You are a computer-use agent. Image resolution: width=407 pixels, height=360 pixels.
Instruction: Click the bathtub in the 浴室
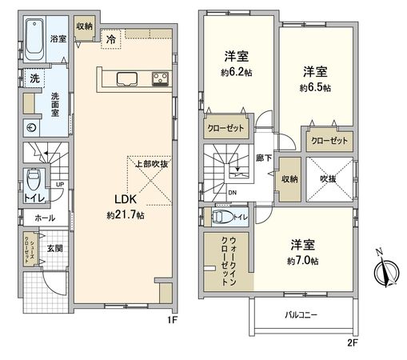coord(35,41)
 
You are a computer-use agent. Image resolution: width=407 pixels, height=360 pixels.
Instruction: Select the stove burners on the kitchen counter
coord(158,78)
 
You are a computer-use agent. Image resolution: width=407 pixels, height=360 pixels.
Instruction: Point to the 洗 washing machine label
coord(35,78)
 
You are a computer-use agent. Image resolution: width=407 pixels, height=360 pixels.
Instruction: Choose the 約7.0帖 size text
coord(304,261)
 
